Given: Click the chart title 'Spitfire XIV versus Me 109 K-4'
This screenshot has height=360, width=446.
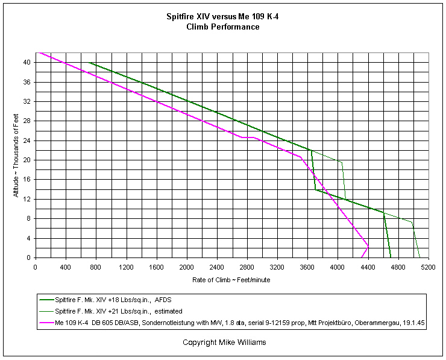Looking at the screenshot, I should [x=222, y=17].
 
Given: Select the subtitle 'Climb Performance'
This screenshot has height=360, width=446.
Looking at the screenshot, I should [x=222, y=27].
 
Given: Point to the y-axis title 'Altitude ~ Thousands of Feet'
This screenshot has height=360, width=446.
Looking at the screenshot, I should [x=16, y=156].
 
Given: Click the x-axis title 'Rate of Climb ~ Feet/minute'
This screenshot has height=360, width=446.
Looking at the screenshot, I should [x=232, y=279].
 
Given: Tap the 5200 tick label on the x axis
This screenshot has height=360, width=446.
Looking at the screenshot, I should [x=429, y=266].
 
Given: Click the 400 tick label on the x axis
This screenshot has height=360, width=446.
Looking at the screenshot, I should [x=66, y=266].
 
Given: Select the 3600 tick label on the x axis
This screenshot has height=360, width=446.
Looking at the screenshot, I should [x=307, y=266].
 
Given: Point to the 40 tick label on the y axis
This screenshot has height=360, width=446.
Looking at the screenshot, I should [x=28, y=62].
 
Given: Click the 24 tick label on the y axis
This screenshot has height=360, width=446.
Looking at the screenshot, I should [x=28, y=141].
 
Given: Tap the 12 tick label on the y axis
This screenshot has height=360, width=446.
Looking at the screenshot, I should [x=28, y=199].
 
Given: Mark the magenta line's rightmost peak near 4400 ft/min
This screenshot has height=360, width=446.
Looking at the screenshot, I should [x=368, y=247].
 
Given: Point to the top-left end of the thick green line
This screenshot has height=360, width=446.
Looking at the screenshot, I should [x=89, y=62].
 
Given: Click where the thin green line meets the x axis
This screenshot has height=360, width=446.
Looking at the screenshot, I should [x=420, y=257].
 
